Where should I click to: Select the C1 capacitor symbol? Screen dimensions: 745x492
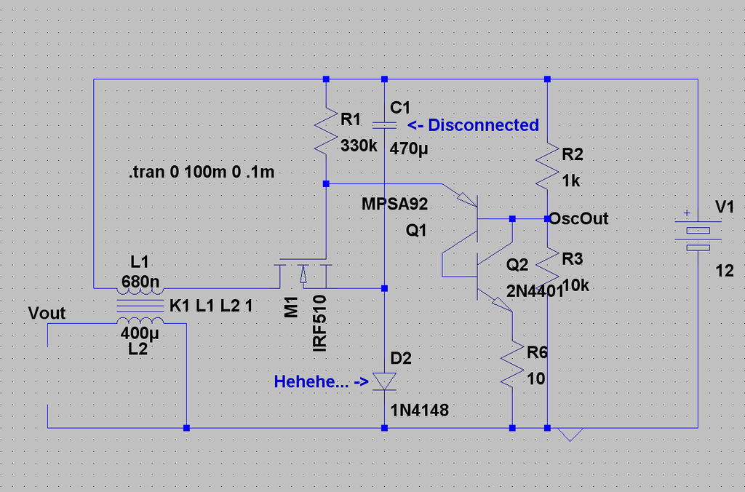(x=384, y=125)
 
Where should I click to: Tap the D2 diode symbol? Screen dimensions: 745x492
(x=384, y=381)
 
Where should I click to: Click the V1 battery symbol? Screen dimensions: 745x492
(x=698, y=237)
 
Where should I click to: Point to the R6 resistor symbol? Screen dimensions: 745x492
(x=512, y=363)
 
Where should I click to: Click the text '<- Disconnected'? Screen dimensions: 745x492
(x=473, y=125)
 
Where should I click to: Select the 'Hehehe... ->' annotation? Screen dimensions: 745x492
(x=321, y=381)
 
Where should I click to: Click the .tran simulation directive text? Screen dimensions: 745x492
(x=202, y=172)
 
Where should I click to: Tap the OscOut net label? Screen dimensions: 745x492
(x=578, y=218)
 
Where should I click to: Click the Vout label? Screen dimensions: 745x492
(x=47, y=313)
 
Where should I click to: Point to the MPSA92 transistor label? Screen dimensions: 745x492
(x=394, y=204)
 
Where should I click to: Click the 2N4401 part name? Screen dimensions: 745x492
(x=535, y=290)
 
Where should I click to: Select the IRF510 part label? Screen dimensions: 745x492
(x=320, y=323)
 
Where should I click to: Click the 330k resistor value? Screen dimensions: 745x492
(x=359, y=146)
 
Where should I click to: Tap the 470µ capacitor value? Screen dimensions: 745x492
(x=409, y=148)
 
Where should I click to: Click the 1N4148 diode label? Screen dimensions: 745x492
(x=419, y=410)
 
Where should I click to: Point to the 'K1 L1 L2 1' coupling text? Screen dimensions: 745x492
(x=211, y=306)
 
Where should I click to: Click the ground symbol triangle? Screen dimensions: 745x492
(x=570, y=435)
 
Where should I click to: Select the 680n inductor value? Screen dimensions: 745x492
(x=140, y=282)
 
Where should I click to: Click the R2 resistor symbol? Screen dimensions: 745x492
(x=547, y=167)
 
